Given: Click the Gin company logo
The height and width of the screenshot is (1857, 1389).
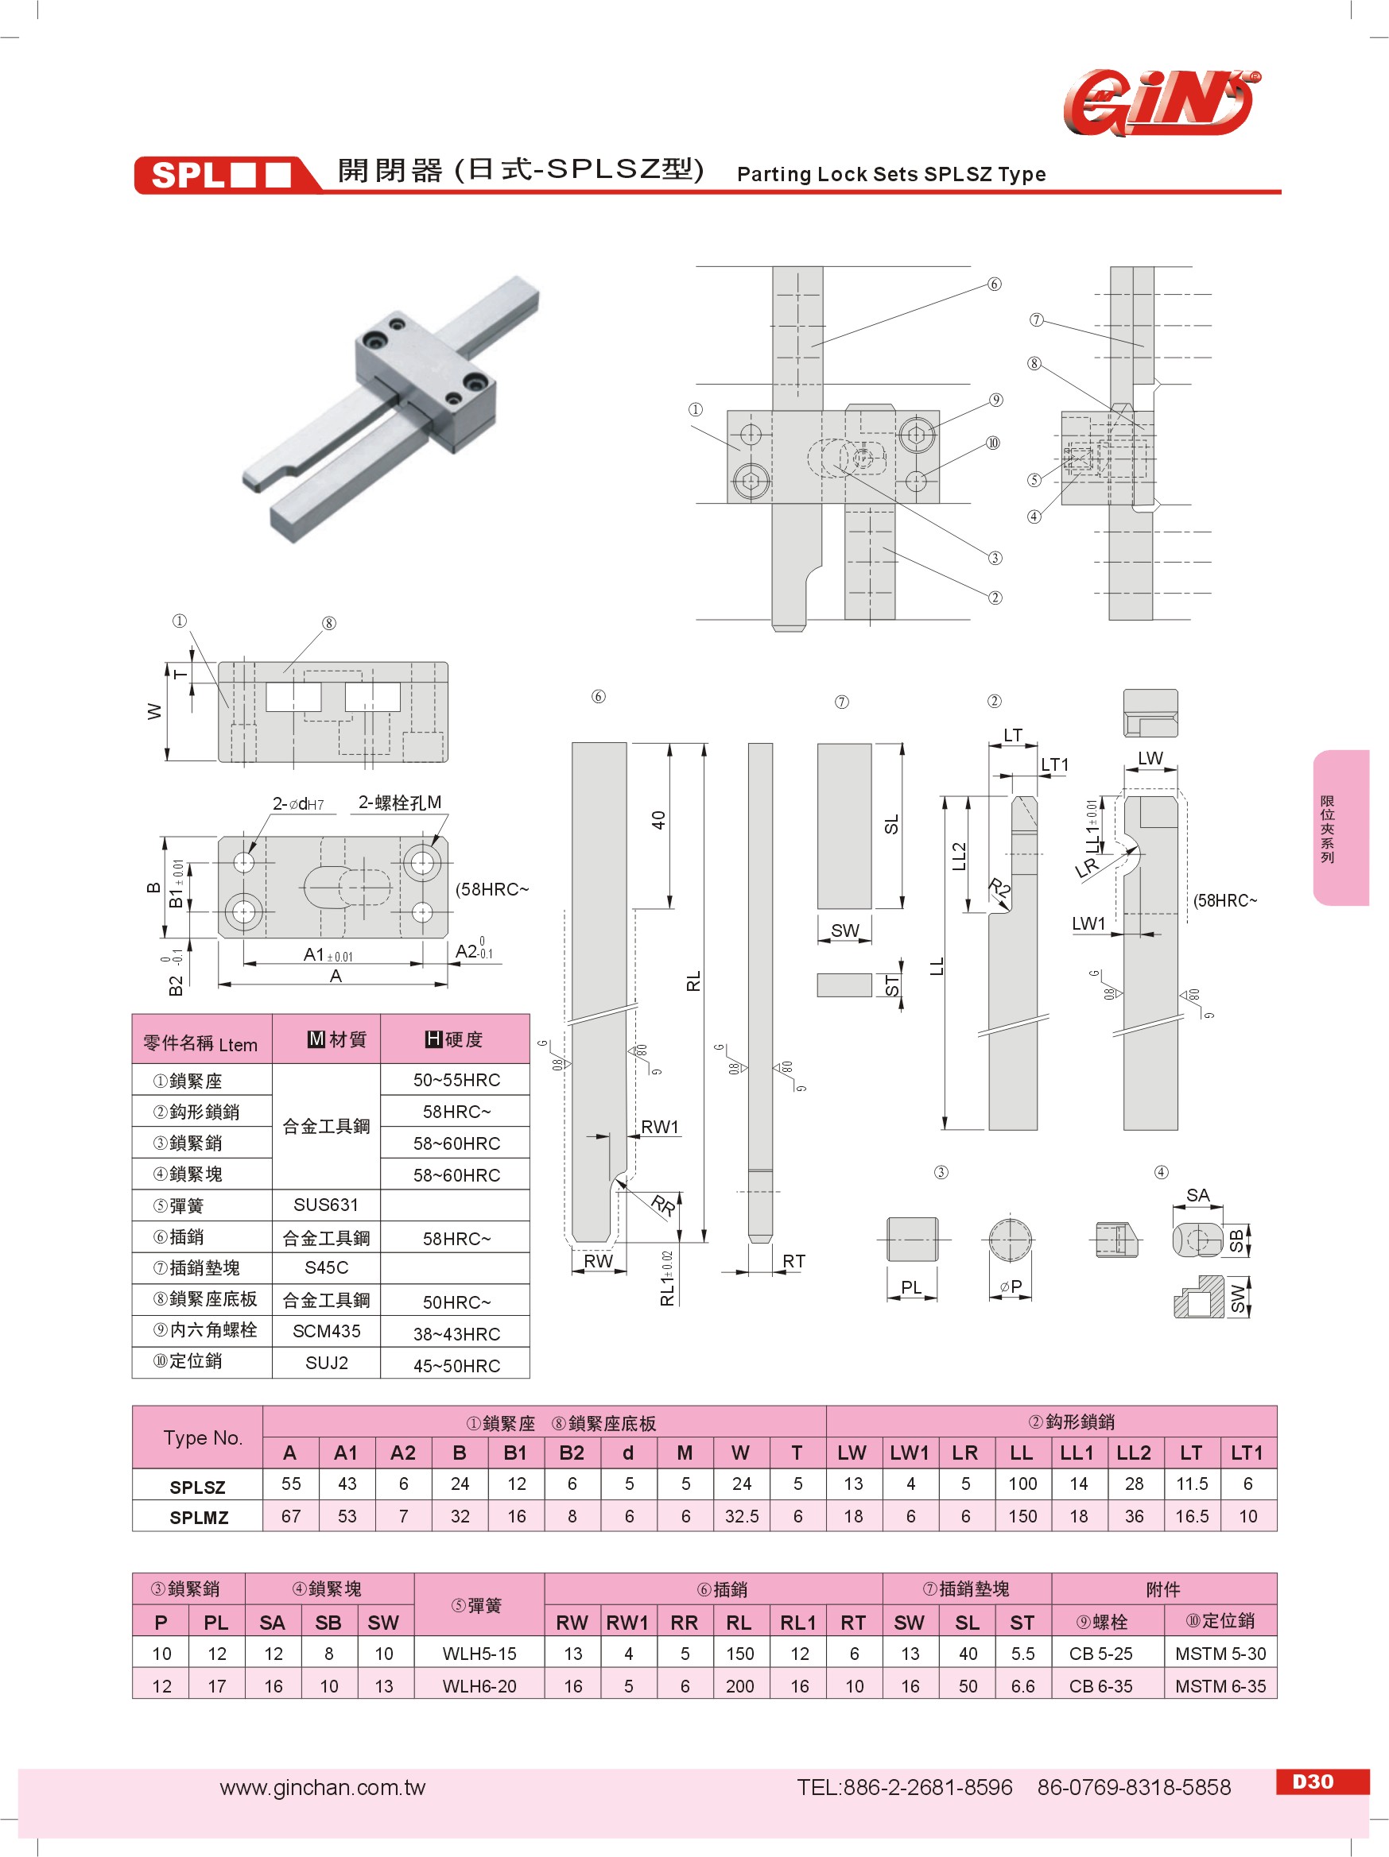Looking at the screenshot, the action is pyautogui.click(x=1162, y=103).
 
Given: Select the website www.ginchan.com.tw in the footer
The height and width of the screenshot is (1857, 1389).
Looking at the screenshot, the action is pyautogui.click(x=323, y=1787).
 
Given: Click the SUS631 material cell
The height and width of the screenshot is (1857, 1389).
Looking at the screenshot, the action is pyautogui.click(x=326, y=1205).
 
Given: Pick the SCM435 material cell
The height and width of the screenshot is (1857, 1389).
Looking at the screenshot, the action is pyautogui.click(x=327, y=1331).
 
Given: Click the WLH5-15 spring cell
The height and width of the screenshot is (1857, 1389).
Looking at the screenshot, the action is pyautogui.click(x=479, y=1653).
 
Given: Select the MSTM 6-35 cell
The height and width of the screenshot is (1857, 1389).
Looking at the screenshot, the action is pyautogui.click(x=1220, y=1685).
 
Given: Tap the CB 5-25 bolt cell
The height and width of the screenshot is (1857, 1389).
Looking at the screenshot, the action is pyautogui.click(x=1100, y=1653).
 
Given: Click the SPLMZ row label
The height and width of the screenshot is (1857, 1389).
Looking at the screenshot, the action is pyautogui.click(x=198, y=1517).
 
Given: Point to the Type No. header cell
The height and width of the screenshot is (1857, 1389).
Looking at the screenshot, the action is pyautogui.click(x=203, y=1437).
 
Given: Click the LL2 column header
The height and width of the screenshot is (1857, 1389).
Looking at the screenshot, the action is pyautogui.click(x=1134, y=1453).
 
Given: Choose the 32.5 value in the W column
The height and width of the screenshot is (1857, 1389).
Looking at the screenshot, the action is pyautogui.click(x=742, y=1516).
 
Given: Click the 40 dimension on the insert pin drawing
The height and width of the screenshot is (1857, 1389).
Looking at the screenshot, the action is pyautogui.click(x=658, y=820).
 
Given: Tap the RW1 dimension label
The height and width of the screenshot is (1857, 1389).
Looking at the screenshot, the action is pyautogui.click(x=660, y=1127).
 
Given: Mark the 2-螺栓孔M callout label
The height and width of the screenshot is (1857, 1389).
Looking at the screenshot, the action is pyautogui.click(x=400, y=803).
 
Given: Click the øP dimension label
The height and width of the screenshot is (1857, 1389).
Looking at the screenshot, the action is pyautogui.click(x=1011, y=1286).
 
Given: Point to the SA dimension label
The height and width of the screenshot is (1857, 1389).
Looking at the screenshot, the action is pyautogui.click(x=1197, y=1194).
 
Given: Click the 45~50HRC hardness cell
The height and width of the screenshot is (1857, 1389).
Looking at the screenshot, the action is pyautogui.click(x=456, y=1366).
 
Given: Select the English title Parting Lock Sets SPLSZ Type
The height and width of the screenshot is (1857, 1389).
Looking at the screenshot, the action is pyautogui.click(x=891, y=174).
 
